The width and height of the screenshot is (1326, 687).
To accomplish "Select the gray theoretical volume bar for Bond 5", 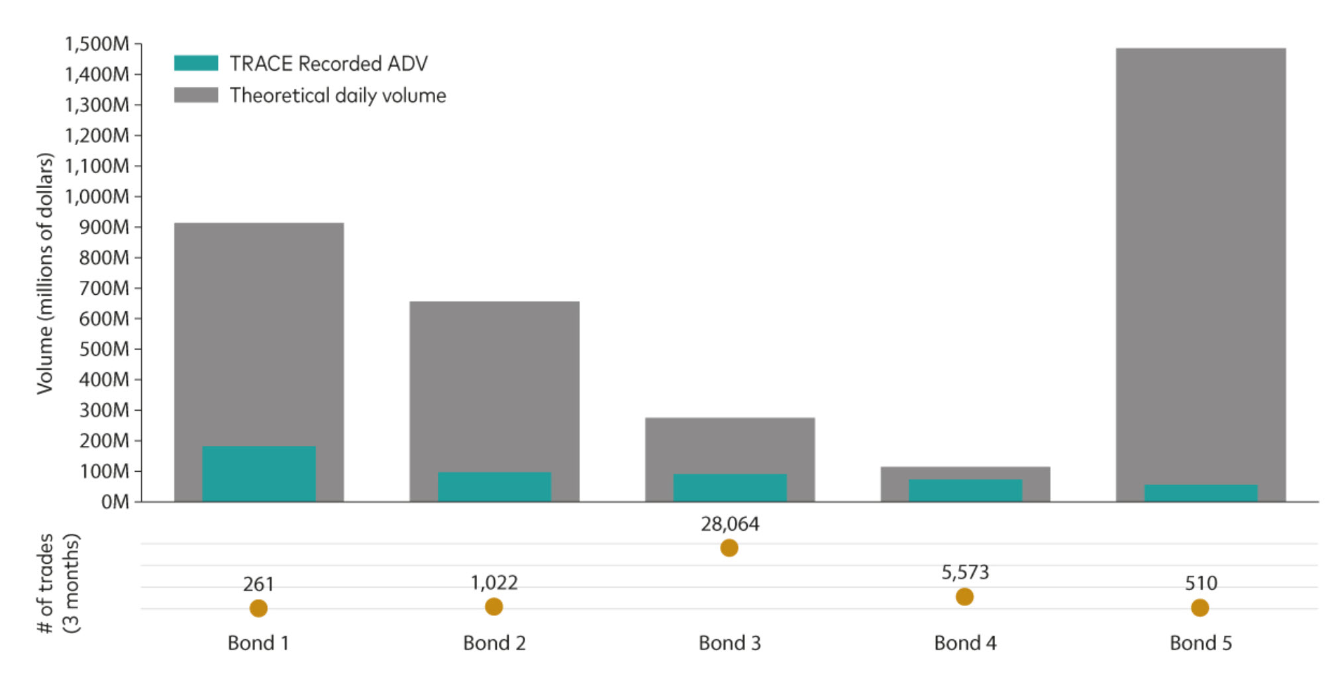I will (x=1200, y=265).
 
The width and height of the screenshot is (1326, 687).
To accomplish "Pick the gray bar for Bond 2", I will (x=494, y=384).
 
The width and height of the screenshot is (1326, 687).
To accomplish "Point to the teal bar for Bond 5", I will (x=1200, y=493).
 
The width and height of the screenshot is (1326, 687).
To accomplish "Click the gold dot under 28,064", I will (x=729, y=548).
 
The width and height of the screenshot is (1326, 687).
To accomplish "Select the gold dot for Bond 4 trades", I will (x=964, y=597).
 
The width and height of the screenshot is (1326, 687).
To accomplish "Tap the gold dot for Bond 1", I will (x=258, y=608).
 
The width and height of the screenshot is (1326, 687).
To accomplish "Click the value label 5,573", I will (x=965, y=572).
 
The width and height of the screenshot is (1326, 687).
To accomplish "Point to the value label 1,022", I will (x=494, y=583).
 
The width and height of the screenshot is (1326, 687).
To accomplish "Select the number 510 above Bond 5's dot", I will (x=1200, y=583).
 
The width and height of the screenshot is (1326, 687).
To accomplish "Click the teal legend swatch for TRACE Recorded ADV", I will (x=196, y=63).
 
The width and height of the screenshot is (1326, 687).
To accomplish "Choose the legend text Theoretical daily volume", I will (x=338, y=95).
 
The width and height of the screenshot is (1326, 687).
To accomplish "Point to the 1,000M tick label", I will (x=97, y=197).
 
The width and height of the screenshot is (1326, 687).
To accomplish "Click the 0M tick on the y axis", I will (x=115, y=502).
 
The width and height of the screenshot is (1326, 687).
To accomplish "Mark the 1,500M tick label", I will (x=97, y=44).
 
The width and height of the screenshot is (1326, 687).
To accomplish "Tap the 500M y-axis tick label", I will (x=104, y=349).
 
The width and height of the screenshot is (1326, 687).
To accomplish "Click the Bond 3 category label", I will (x=729, y=643).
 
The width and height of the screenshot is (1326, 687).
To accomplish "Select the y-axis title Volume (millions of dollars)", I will (x=44, y=273).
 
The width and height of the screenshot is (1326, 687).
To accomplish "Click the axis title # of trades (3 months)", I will (x=58, y=583).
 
